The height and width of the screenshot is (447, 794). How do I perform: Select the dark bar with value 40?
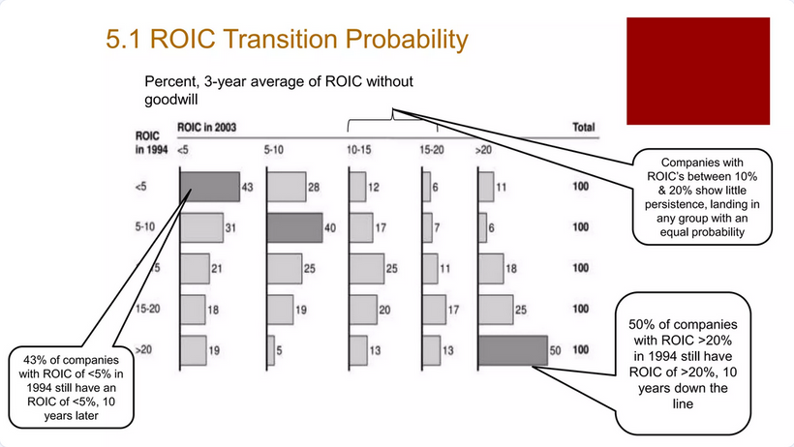(294, 227)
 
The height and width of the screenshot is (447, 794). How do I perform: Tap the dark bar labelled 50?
(511, 349)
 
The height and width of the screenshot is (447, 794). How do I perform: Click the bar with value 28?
(286, 187)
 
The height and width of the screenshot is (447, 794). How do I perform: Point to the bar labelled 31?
(201, 227)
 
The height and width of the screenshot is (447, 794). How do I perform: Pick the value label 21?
(218, 268)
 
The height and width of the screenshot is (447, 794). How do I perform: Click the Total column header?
(583, 128)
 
